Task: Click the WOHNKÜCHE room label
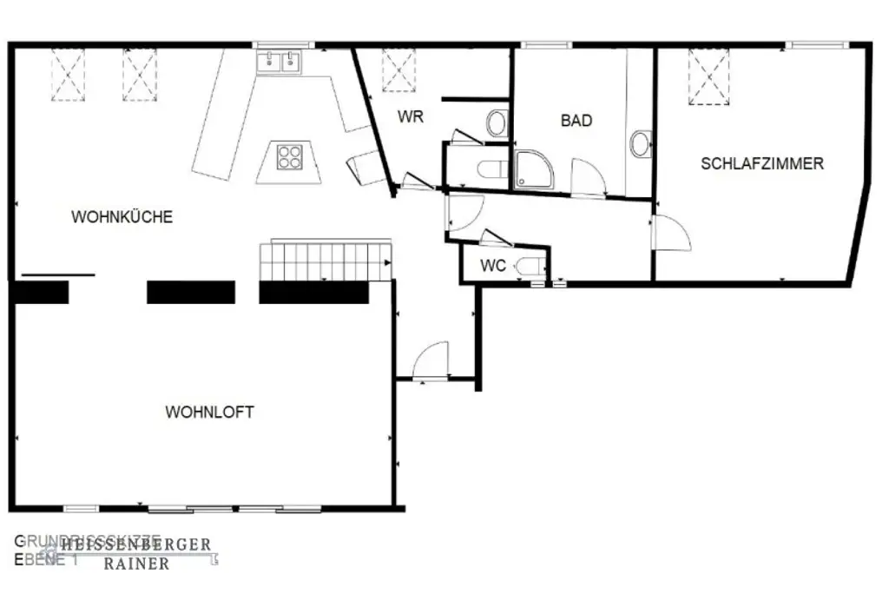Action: (122, 217)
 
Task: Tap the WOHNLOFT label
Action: (209, 412)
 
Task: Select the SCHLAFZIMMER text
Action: (762, 163)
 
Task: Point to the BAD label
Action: (576, 121)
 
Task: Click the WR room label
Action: (411, 116)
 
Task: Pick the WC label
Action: (493, 266)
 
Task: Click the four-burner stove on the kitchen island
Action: (290, 157)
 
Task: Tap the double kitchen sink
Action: (279, 62)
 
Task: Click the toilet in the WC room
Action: (530, 267)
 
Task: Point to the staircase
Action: (326, 261)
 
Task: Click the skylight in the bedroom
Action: (708, 77)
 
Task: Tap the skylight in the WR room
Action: (398, 69)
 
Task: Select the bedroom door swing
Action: (671, 232)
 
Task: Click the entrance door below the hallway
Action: (431, 361)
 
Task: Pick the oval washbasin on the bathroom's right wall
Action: (641, 144)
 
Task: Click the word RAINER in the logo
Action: (136, 564)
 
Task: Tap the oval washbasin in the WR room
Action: (496, 123)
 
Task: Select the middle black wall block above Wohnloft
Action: (191, 292)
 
